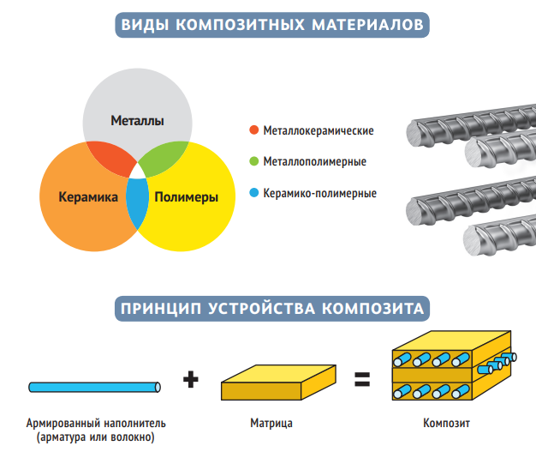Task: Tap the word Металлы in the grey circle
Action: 137,122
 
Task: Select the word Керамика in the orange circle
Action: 87,197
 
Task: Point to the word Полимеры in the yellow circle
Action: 186,197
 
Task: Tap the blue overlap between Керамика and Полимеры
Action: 136,204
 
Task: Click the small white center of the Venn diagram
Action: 136,171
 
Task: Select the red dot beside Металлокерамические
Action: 253,130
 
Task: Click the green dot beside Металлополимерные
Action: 253,161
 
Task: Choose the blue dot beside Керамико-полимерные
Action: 253,193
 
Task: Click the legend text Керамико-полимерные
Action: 319,193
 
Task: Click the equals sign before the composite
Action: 362,379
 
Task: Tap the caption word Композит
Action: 446,424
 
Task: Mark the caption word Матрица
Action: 271,424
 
